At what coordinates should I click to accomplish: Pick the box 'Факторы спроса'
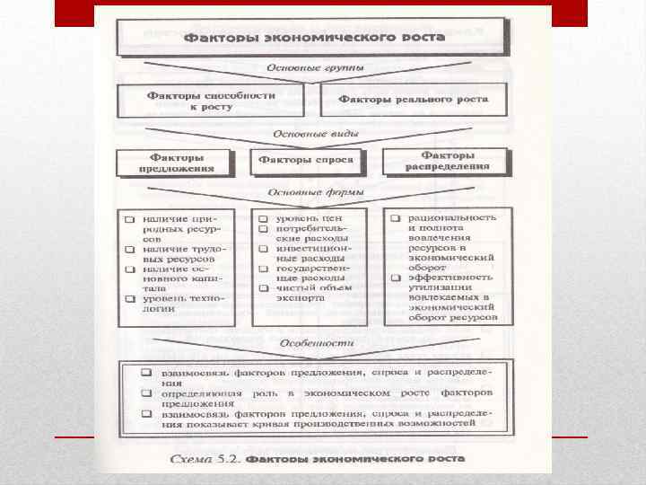tap(307, 162)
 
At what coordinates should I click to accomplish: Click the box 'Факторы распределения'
tap(448, 161)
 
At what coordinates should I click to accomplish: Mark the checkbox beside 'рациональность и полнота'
tap(396, 219)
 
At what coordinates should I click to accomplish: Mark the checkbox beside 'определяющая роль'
tap(144, 392)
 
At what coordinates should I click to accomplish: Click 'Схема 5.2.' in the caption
tap(205, 459)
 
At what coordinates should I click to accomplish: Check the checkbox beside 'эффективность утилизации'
tap(396, 278)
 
